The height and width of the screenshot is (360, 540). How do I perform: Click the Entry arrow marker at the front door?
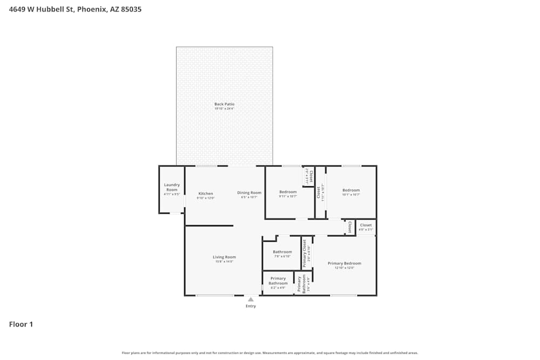[251, 299]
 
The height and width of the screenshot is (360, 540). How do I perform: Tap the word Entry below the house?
[251, 306]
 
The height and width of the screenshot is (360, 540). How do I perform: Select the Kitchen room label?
[206, 193]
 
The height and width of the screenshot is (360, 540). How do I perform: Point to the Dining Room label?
[249, 193]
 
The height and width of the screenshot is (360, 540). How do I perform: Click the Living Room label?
[224, 257]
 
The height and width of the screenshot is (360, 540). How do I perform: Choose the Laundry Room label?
[172, 187]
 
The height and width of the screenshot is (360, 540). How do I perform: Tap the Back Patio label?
[224, 104]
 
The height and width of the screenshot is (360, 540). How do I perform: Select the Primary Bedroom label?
[345, 263]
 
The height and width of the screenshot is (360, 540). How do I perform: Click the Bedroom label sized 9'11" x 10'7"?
[288, 192]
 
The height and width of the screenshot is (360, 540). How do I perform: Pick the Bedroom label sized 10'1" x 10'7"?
[351, 190]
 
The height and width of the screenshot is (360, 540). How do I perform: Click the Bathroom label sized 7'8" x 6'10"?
[282, 252]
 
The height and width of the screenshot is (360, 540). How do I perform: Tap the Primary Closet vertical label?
[305, 253]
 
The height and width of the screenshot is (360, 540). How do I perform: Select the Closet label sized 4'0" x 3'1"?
[366, 225]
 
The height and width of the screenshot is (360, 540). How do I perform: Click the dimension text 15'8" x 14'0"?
[224, 262]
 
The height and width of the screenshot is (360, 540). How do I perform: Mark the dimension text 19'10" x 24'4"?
[224, 108]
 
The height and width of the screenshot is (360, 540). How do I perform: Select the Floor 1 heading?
[21, 324]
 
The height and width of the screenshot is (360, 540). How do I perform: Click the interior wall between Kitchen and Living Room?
[210, 226]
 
